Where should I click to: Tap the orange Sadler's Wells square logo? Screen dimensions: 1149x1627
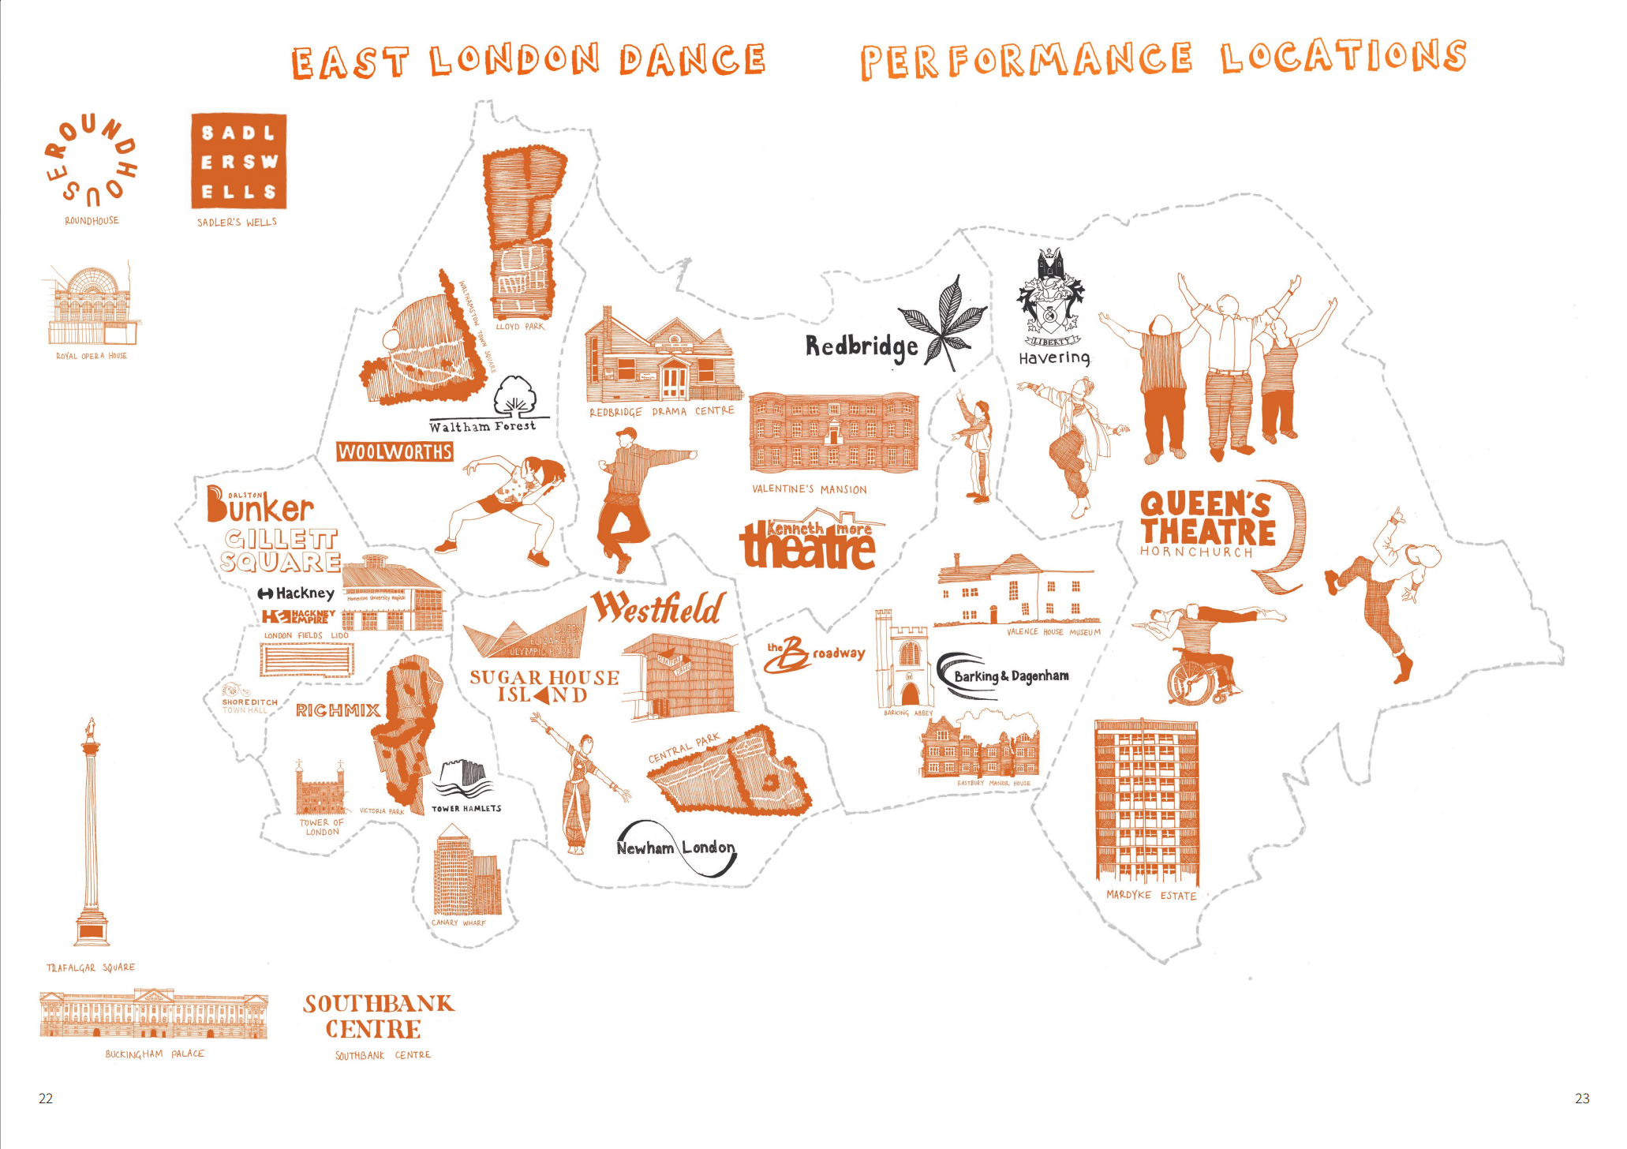[x=238, y=161]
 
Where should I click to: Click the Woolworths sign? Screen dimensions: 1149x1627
[x=395, y=451]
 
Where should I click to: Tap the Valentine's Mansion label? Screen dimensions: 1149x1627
[x=809, y=489]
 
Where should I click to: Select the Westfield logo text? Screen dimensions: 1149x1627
[x=658, y=608]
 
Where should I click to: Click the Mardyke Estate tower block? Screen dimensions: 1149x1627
[x=1146, y=801]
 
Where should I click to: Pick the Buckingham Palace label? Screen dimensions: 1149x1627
[x=155, y=1054]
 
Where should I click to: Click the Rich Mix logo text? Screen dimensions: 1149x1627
[x=338, y=710]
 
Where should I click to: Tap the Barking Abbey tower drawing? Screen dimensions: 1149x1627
[x=903, y=659]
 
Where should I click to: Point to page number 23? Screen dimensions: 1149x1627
[x=1581, y=1098]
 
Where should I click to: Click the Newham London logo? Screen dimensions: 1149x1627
[x=676, y=848]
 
